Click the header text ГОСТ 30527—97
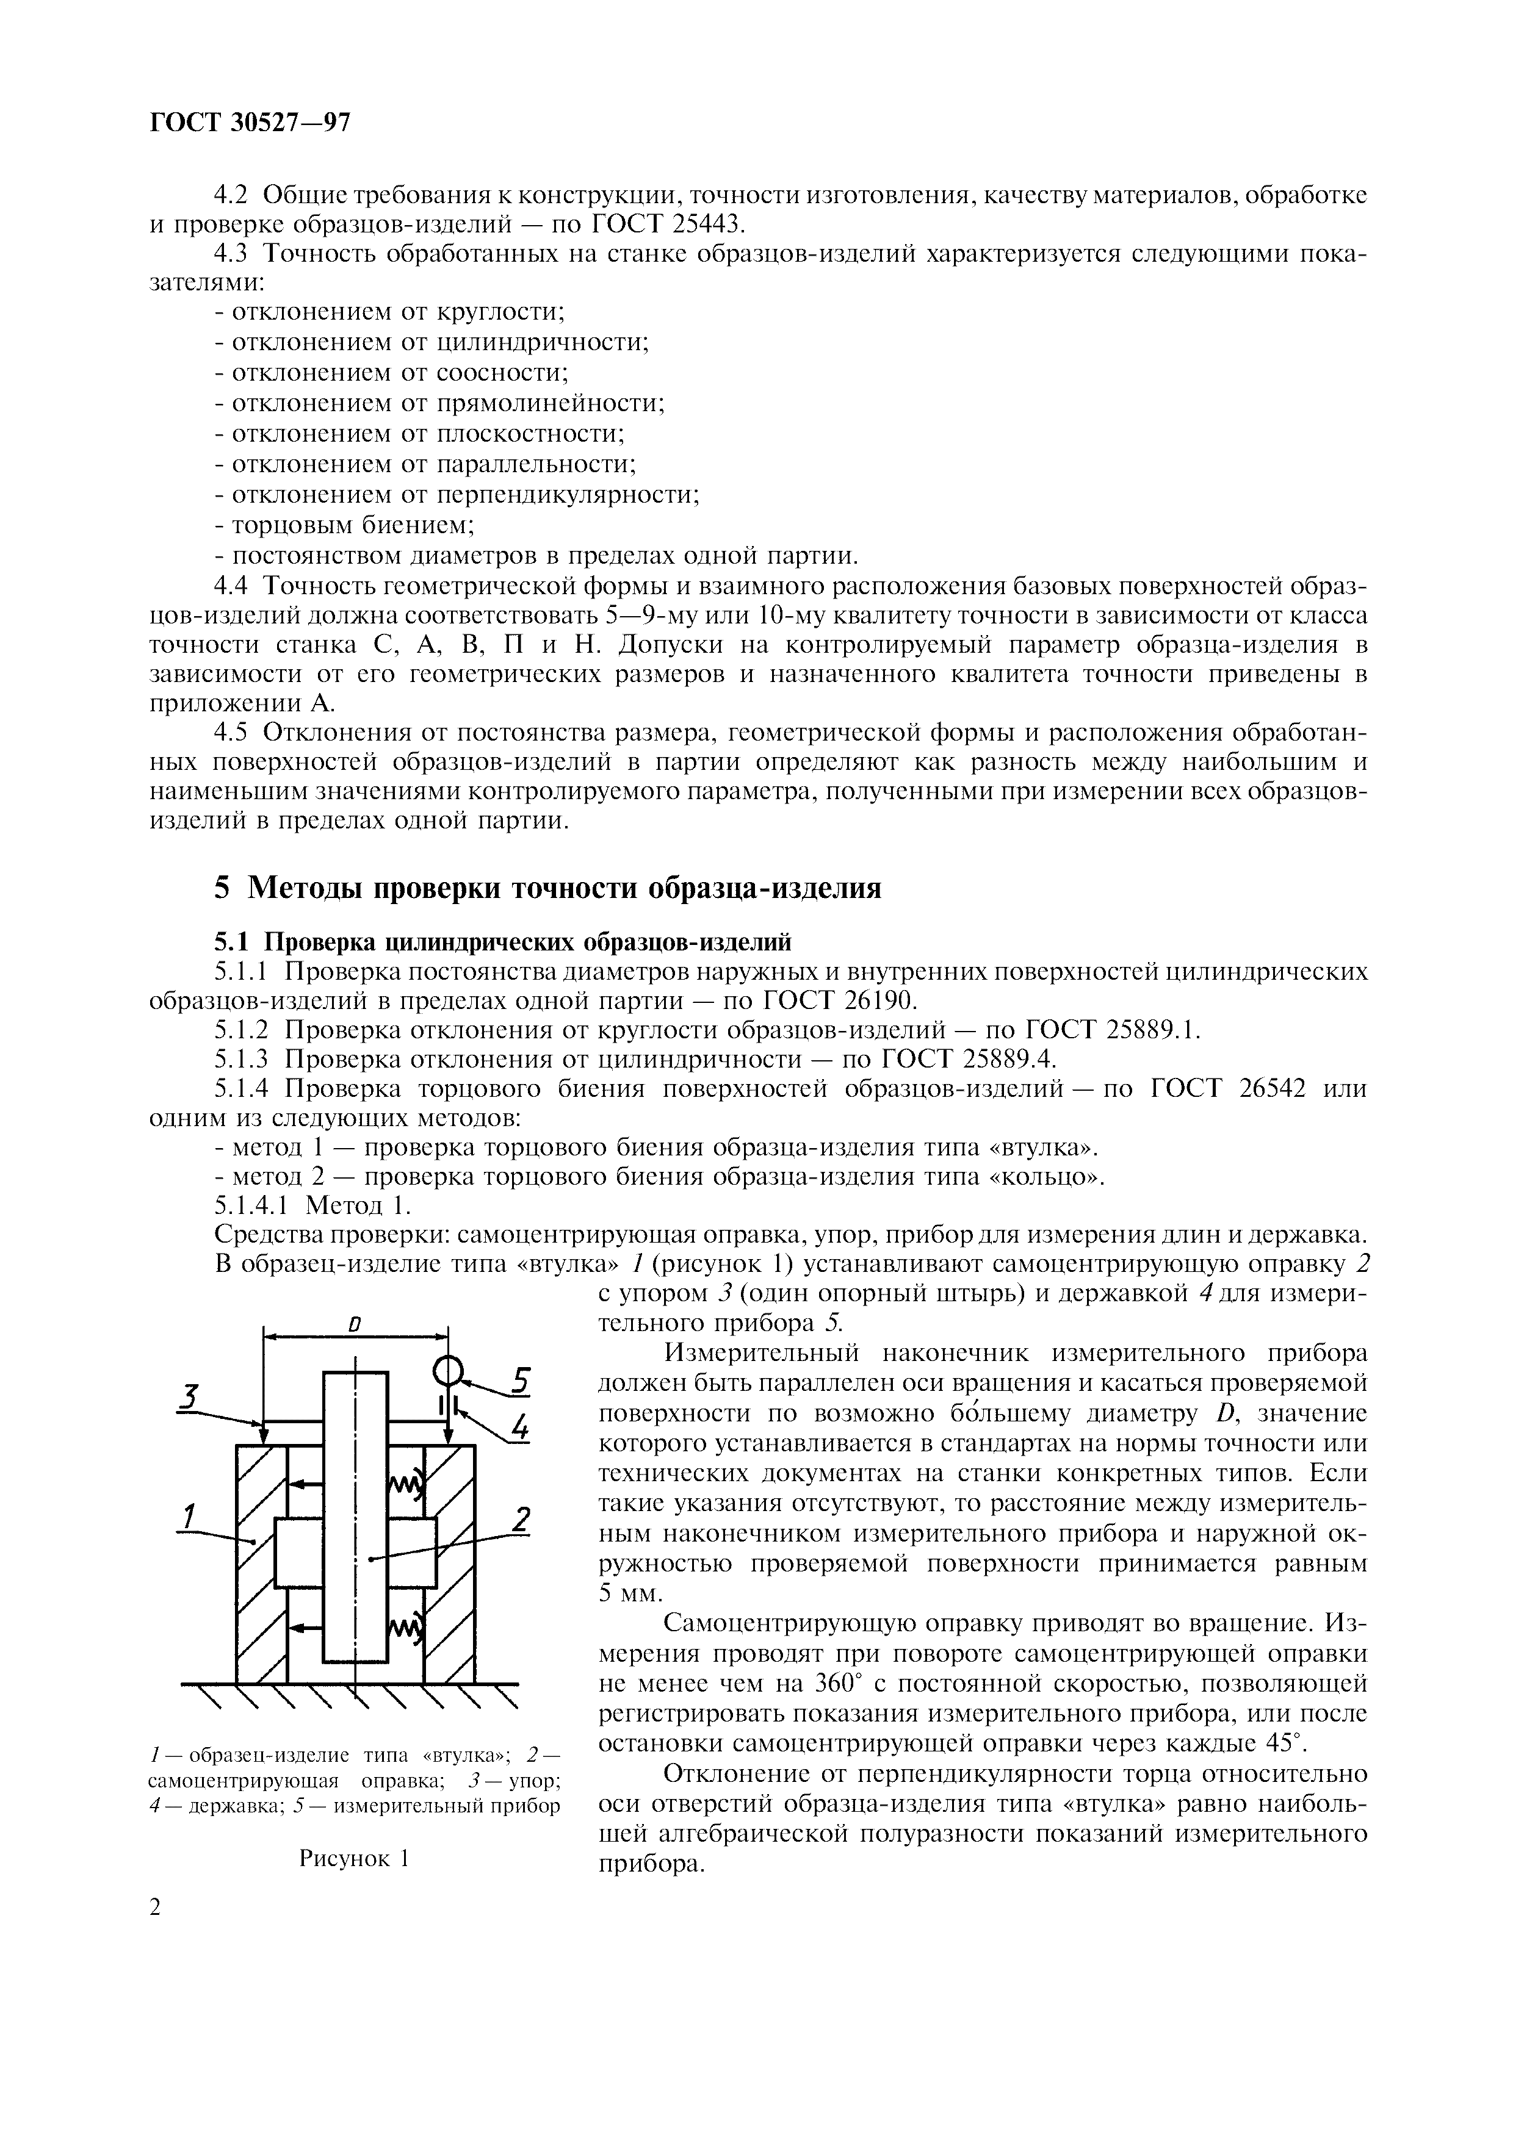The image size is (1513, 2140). click(x=250, y=123)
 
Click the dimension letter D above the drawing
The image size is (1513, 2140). click(x=354, y=1324)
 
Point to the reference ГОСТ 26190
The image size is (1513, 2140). click(x=839, y=1000)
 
